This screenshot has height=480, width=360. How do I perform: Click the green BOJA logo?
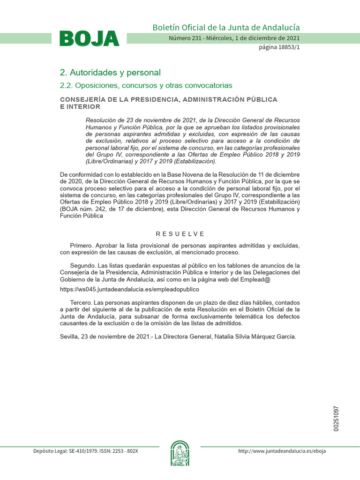click(89, 38)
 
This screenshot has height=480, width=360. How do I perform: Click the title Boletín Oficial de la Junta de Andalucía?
click(226, 28)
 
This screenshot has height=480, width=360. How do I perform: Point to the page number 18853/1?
click(279, 48)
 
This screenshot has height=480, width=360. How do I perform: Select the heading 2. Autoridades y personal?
click(110, 73)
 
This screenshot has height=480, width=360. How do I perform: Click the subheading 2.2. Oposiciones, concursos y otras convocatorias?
click(146, 85)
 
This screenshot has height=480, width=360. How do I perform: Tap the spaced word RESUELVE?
click(180, 234)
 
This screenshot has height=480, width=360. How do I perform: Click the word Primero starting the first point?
click(82, 246)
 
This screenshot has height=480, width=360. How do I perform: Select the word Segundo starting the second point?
click(83, 266)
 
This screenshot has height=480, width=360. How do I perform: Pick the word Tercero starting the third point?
click(82, 303)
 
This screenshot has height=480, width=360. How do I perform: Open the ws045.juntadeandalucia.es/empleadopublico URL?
click(123, 290)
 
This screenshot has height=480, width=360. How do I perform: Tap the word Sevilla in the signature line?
click(70, 337)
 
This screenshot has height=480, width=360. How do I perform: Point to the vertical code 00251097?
click(336, 419)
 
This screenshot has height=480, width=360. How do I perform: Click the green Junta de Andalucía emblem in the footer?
click(180, 453)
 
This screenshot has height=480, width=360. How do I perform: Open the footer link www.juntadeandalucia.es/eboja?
click(282, 451)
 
